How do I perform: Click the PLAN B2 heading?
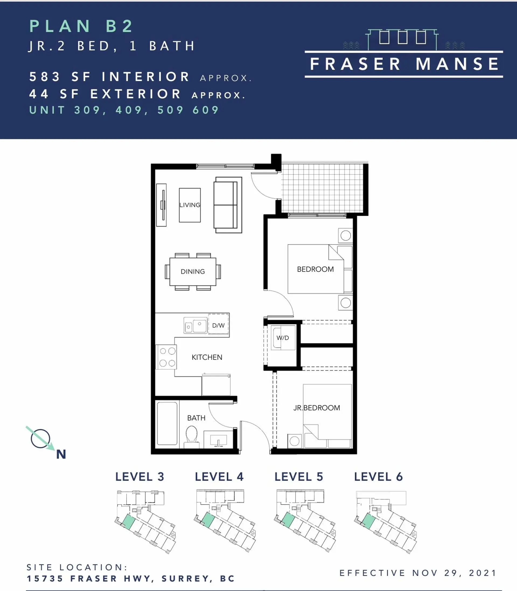point(81,26)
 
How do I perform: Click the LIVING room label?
point(190,205)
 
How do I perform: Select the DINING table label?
point(193,271)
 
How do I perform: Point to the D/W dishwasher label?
point(218,325)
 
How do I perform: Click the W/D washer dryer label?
point(283,338)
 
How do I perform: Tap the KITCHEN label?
point(207,357)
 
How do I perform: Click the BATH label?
point(196,418)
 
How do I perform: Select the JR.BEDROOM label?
point(316,408)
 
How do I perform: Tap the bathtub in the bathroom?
point(167,424)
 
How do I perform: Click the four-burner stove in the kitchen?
point(166,357)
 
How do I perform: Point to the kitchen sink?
point(195,325)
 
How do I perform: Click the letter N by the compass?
point(61,454)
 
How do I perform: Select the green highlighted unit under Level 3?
point(129,522)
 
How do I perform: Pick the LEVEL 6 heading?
point(378,477)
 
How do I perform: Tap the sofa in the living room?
point(228,205)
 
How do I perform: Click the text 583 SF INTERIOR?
point(110,77)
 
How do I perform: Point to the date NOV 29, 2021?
point(455,573)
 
